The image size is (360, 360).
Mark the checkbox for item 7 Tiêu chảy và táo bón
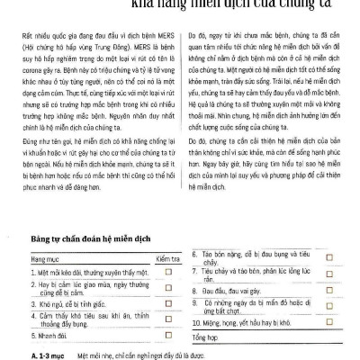point(329,274)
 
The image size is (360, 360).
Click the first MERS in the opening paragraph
point(164,40)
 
